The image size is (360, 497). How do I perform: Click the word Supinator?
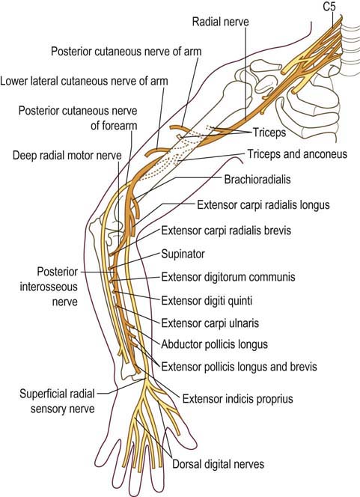(184, 254)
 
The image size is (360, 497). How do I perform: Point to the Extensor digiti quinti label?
(207, 300)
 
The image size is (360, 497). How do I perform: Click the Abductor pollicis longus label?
(215, 344)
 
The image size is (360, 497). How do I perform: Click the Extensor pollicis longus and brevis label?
(240, 367)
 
